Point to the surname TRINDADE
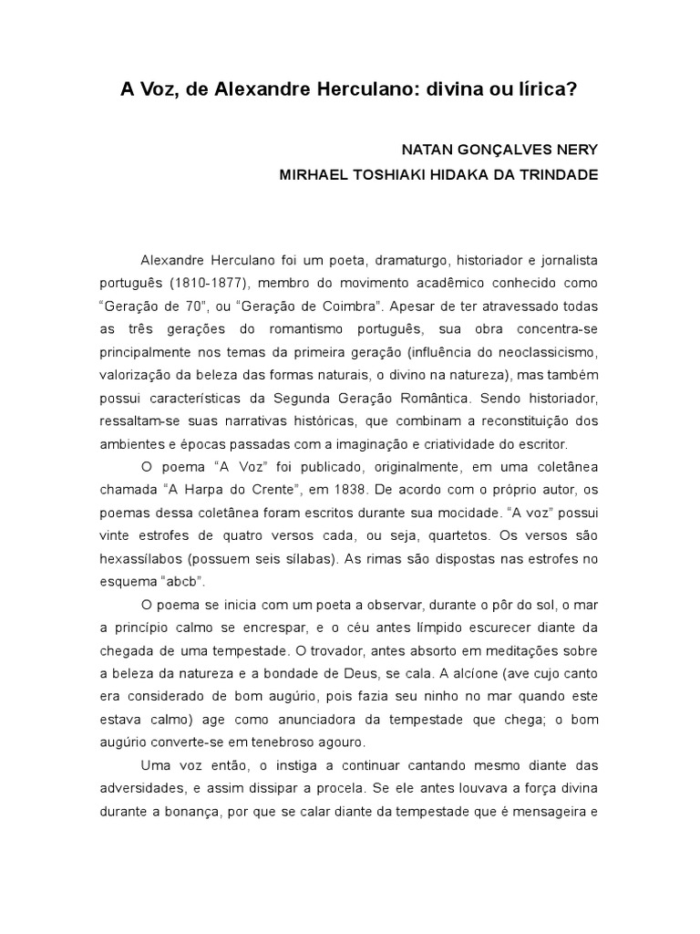tap(560, 175)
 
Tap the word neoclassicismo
tap(545, 351)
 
